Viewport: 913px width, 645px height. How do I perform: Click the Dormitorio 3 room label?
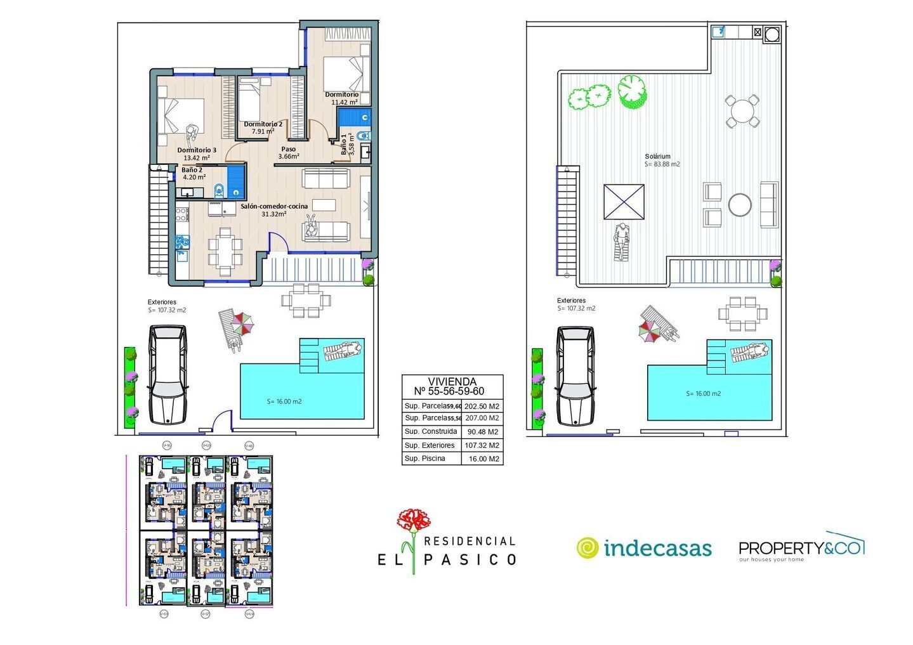click(x=197, y=150)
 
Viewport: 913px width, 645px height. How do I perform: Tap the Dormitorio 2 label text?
click(x=263, y=124)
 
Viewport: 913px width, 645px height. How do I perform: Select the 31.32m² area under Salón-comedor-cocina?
click(x=274, y=214)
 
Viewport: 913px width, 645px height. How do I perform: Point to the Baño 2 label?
click(x=192, y=170)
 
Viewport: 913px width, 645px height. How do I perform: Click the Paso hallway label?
click(x=289, y=150)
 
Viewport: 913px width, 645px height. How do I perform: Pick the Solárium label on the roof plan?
click(x=657, y=156)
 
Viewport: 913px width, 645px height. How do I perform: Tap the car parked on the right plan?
click(x=575, y=375)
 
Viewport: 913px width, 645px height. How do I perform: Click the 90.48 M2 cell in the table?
click(x=482, y=432)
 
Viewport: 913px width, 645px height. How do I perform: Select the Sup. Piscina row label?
click(x=425, y=459)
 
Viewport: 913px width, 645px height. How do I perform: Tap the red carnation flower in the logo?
click(x=413, y=521)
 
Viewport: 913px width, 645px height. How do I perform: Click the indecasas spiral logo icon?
click(x=588, y=548)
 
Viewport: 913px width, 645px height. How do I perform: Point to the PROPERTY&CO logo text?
click(x=801, y=547)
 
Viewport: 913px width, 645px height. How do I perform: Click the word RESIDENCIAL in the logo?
click(x=469, y=541)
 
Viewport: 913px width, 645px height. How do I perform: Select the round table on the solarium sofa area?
click(x=740, y=204)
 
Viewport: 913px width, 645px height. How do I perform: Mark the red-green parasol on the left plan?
click(x=242, y=325)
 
